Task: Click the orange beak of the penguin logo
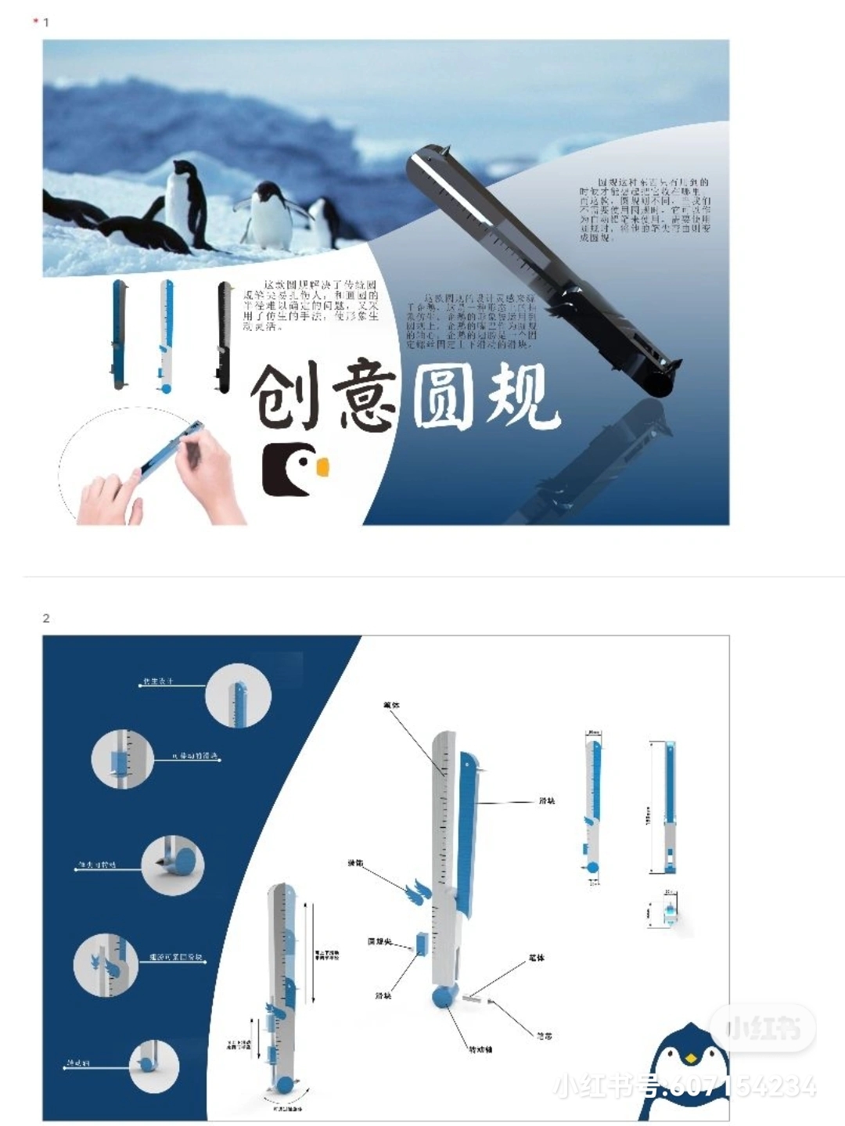pos(322,467)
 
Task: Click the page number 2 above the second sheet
pos(46,618)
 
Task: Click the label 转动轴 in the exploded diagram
pos(480,1049)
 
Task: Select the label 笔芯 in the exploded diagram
pos(545,1036)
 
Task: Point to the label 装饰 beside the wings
pos(355,862)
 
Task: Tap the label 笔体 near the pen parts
pos(536,957)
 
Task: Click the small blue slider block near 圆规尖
pos(421,943)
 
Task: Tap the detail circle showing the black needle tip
pos(173,865)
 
